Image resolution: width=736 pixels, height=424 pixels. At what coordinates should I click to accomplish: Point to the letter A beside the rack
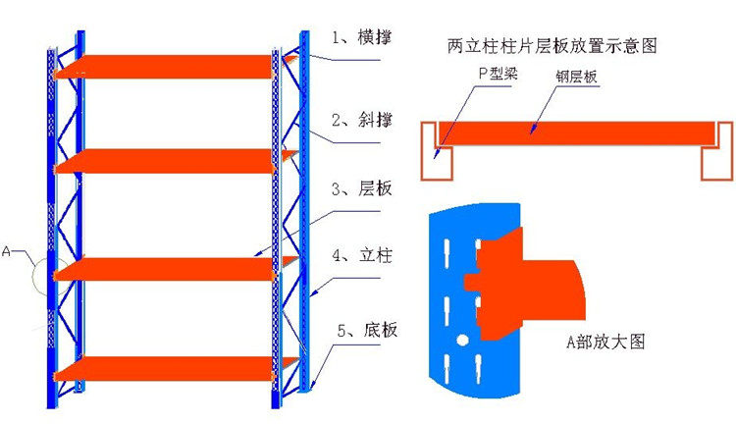8,251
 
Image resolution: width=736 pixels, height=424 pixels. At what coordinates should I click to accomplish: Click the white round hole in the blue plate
459,340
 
